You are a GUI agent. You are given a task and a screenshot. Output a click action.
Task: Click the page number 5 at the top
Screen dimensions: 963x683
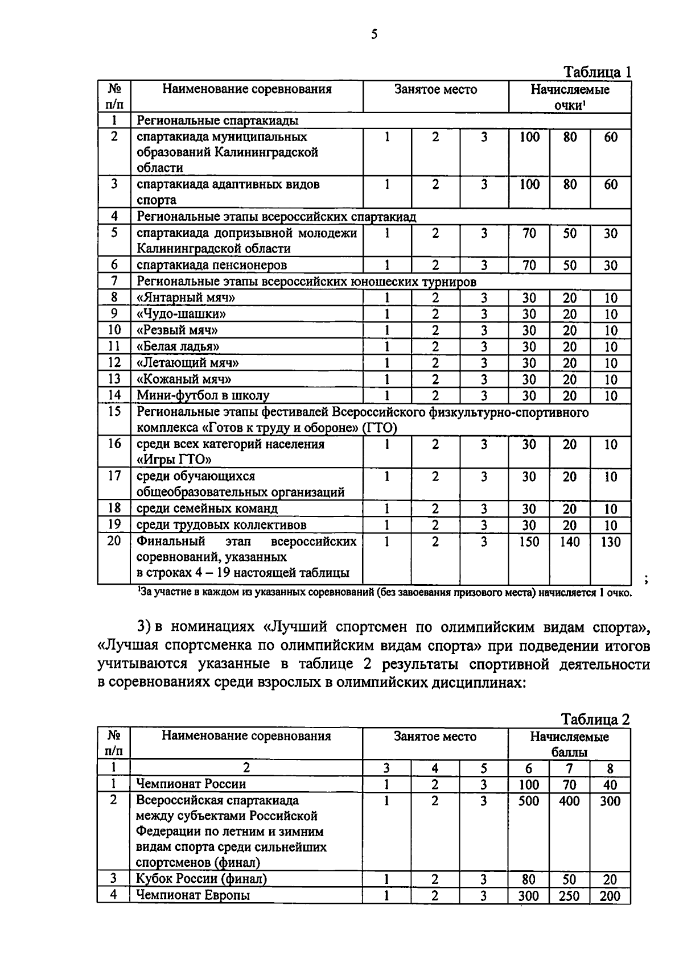tap(374, 35)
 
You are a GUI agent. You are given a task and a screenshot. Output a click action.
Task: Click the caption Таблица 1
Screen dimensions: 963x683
tap(597, 72)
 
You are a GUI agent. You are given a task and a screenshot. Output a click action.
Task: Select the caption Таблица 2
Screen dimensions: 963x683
tap(596, 720)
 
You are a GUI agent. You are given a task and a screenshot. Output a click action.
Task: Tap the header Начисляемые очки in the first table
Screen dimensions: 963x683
tap(570, 97)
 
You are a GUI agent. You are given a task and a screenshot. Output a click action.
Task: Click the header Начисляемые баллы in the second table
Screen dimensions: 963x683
tap(569, 745)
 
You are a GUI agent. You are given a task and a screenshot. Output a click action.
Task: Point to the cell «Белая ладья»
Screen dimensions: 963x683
tap(178, 346)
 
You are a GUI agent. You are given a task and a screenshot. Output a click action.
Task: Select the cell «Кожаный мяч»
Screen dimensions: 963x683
tap(183, 379)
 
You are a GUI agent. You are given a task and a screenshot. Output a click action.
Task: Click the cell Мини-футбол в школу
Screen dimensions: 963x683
tap(203, 395)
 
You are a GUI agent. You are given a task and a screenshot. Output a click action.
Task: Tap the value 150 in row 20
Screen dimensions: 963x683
tap(529, 542)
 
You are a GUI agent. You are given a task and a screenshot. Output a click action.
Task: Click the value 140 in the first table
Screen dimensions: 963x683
tap(570, 542)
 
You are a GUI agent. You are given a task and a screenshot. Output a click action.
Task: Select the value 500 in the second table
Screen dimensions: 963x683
tap(529, 801)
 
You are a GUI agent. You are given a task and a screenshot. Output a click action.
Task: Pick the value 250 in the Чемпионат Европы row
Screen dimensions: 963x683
tap(569, 896)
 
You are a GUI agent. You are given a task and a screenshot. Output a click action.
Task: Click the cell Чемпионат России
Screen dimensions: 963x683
tap(191, 784)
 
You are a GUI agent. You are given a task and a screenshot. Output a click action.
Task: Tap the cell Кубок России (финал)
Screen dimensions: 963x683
tap(201, 879)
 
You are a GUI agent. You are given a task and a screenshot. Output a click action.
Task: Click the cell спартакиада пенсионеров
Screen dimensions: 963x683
tap(211, 265)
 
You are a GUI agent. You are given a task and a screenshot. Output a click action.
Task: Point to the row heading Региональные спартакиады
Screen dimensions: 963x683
tap(217, 121)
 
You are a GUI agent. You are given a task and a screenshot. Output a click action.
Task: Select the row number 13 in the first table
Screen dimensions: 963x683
tap(114, 379)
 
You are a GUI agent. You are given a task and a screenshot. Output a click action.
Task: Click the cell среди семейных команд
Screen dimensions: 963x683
tap(207, 509)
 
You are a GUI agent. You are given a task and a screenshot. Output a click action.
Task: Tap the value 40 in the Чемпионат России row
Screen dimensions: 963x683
tap(610, 785)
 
